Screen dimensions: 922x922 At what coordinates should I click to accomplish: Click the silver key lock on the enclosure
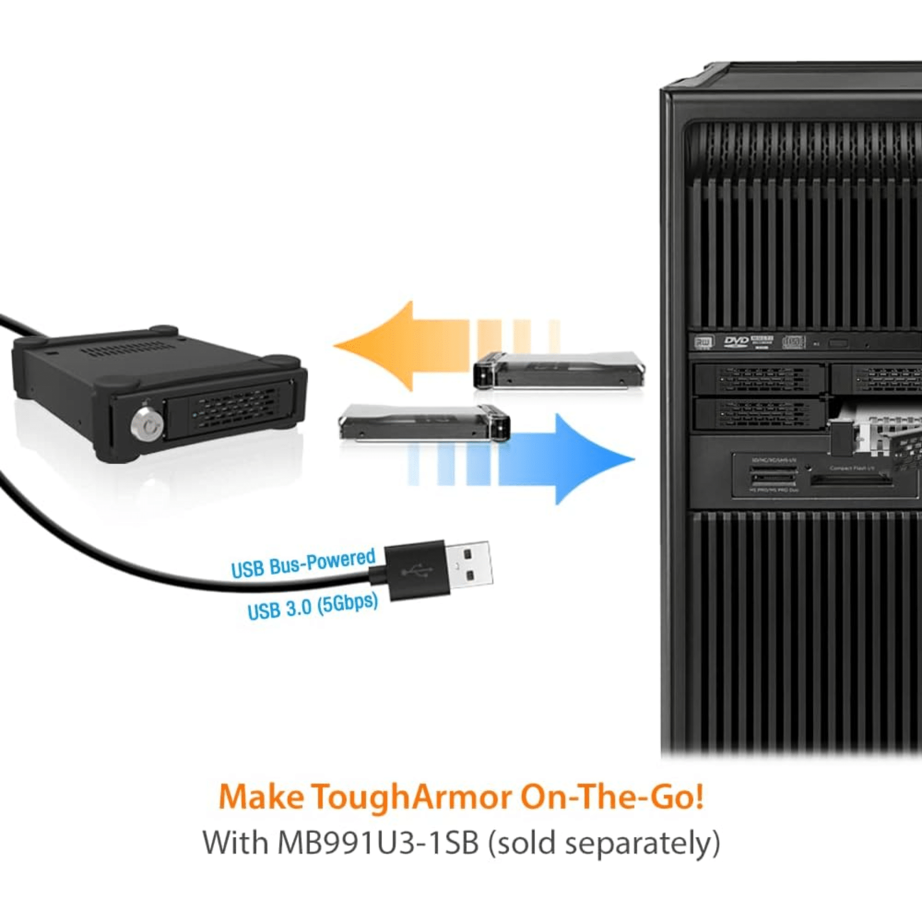[x=147, y=424]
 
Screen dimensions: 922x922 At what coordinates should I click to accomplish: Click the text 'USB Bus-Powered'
[x=303, y=562]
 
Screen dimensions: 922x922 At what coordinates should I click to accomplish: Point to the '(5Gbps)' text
[x=348, y=603]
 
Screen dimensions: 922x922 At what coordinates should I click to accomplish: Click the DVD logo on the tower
[x=736, y=342]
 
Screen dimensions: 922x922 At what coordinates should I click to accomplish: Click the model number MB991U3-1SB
[x=378, y=843]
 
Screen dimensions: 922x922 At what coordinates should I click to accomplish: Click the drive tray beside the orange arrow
[x=558, y=371]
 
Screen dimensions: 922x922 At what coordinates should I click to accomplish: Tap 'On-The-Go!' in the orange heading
[x=612, y=797]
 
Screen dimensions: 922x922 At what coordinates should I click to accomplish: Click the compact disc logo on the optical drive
[x=794, y=342]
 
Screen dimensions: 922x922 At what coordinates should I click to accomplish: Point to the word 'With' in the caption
[x=236, y=843]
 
